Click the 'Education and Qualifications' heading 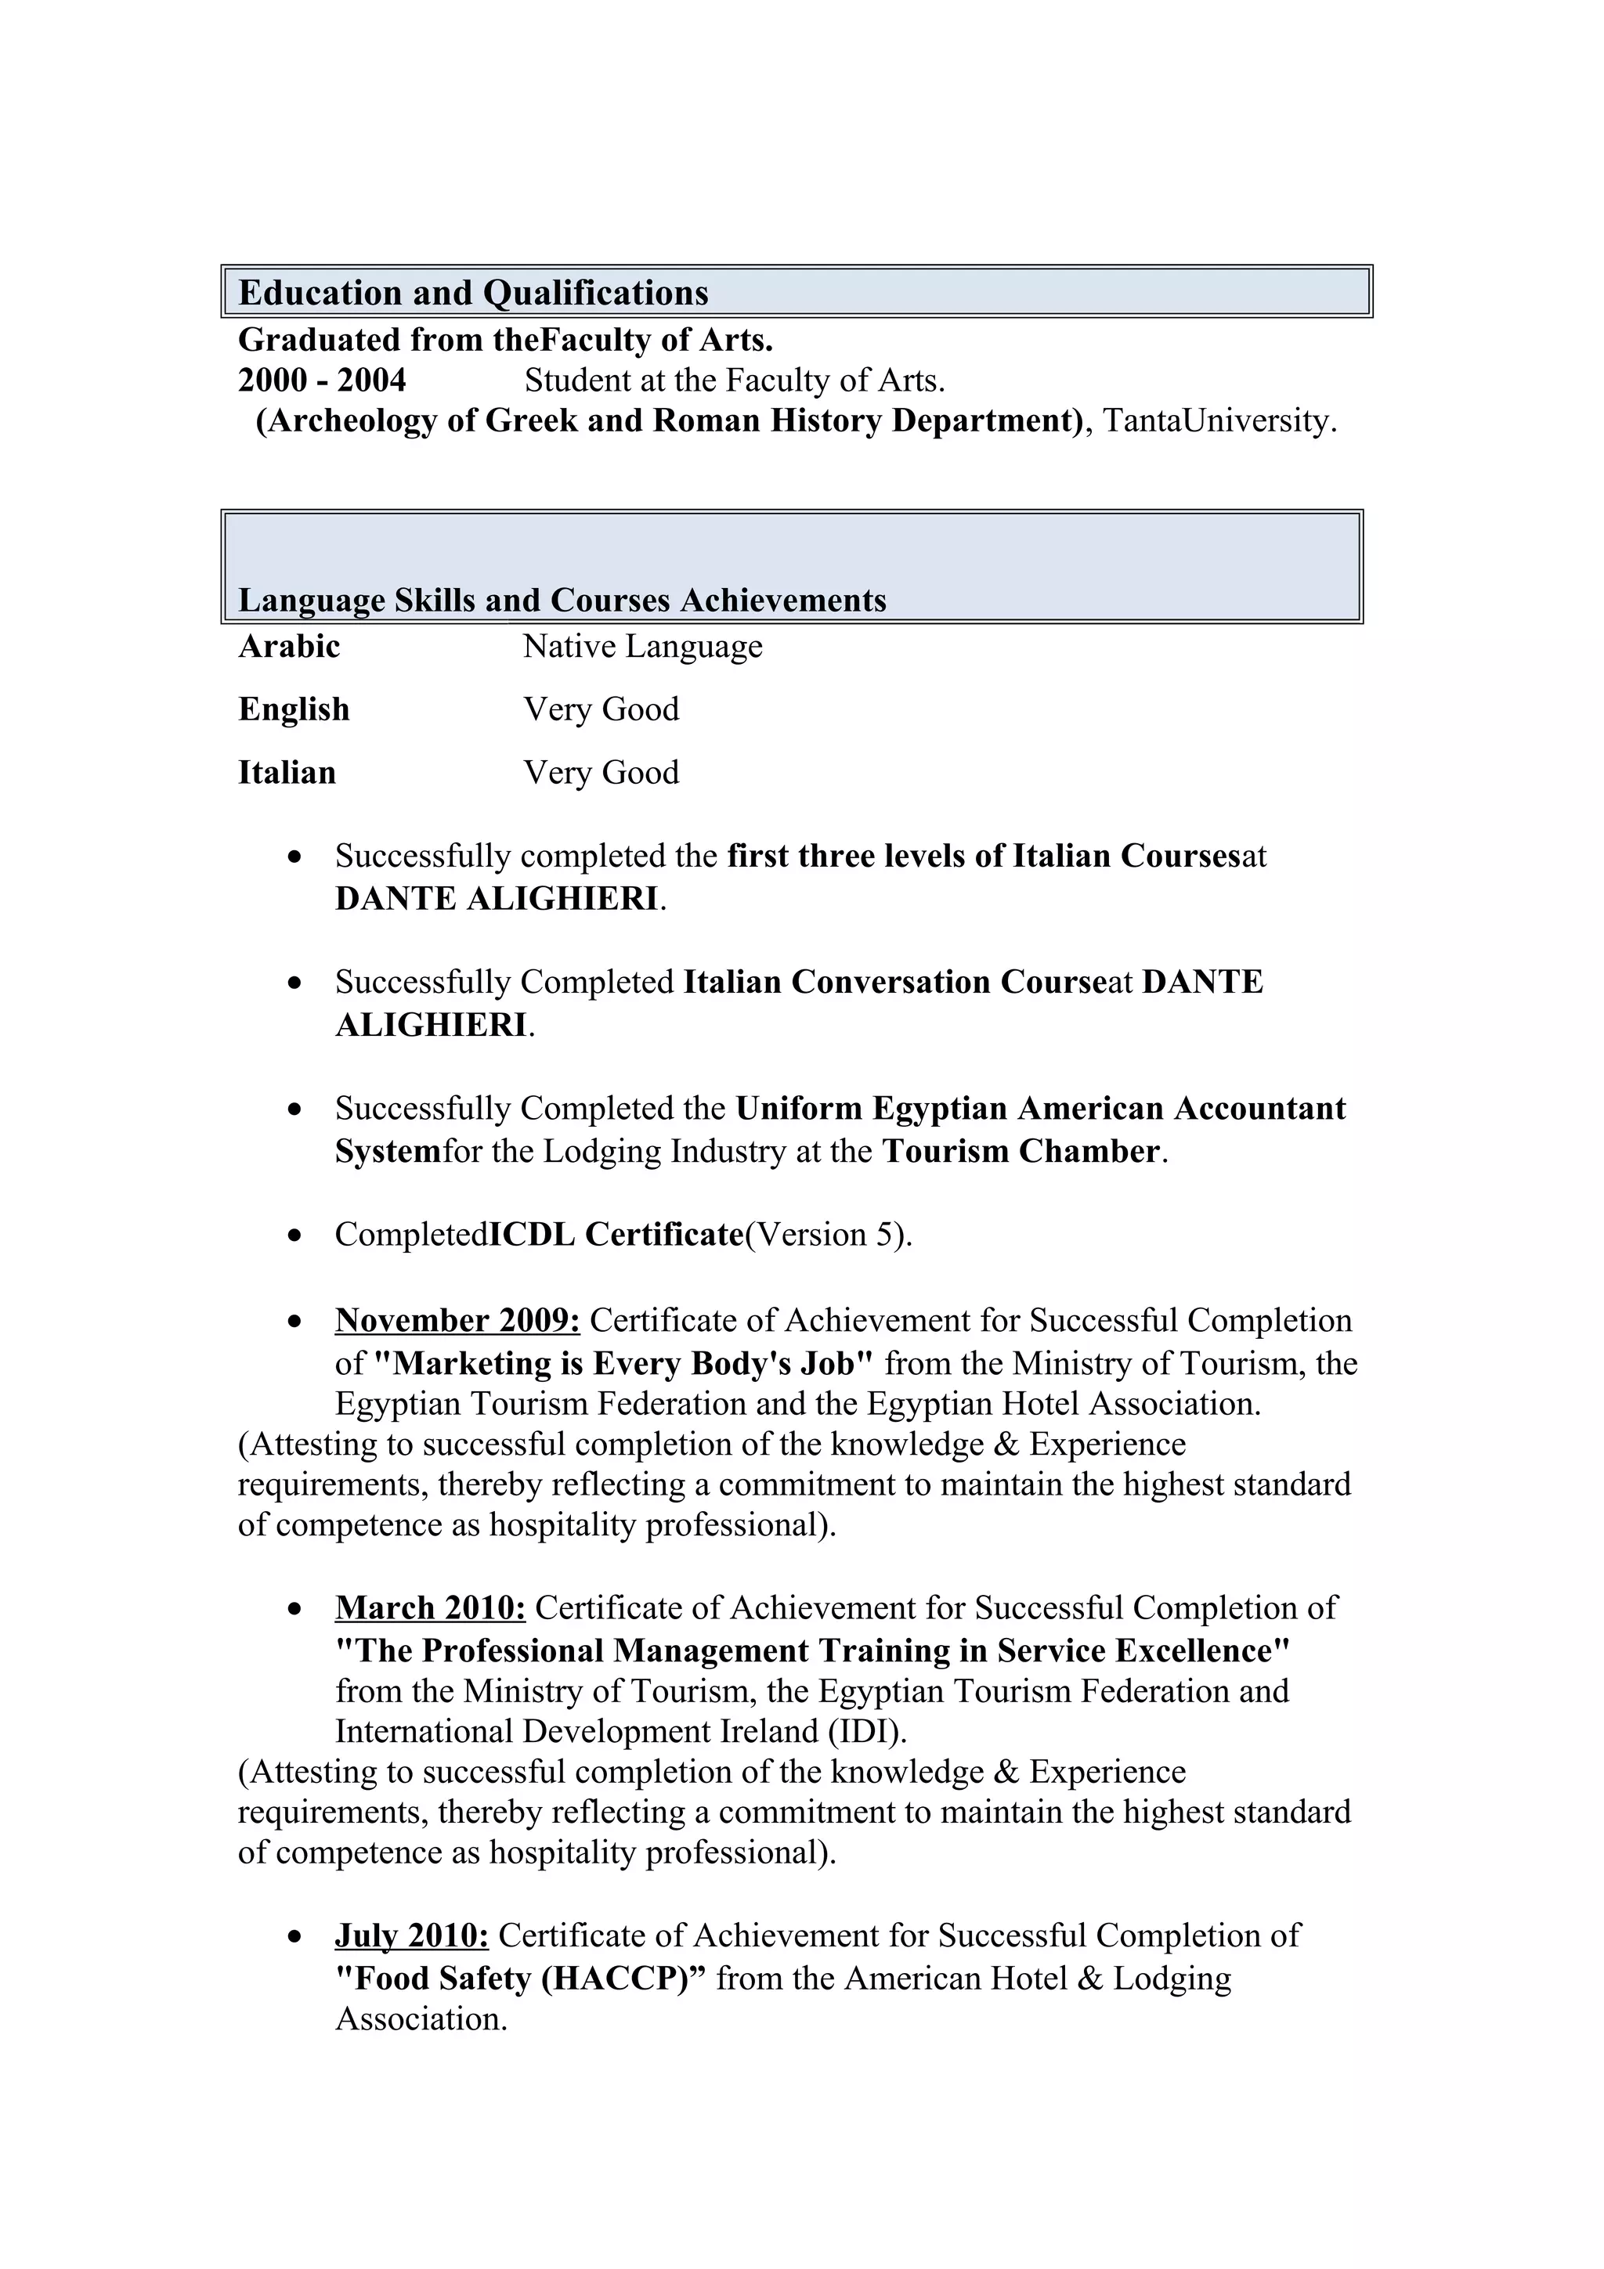[x=473, y=294]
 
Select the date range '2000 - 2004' [x=321, y=381]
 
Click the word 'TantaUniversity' [x=1218, y=421]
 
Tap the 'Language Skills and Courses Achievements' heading [x=562, y=601]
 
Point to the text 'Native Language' [x=642, y=646]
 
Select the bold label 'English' [x=294, y=709]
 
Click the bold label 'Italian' [x=287, y=773]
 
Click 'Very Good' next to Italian [x=601, y=773]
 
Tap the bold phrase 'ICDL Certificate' [x=616, y=1234]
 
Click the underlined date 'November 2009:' [x=457, y=1320]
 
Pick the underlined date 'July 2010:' [x=411, y=1935]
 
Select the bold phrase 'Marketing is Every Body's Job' [x=623, y=1364]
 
